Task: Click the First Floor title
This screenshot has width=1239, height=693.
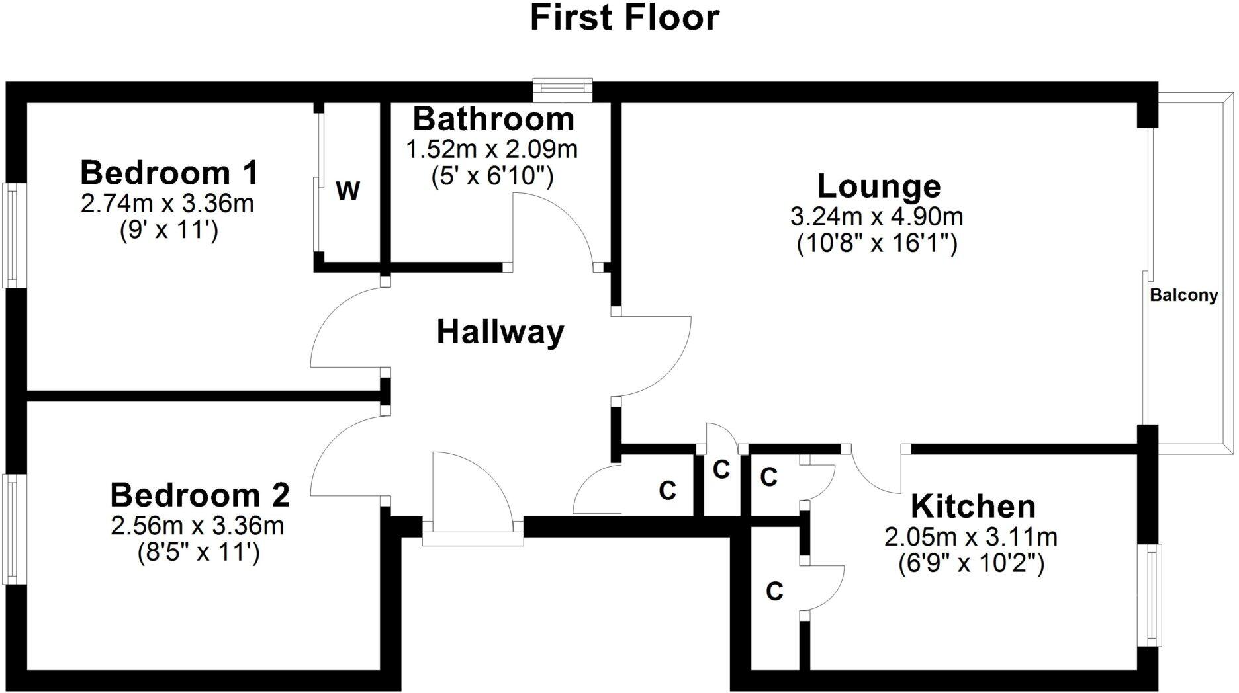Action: tap(624, 18)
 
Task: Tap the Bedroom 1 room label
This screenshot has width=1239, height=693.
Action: tap(169, 173)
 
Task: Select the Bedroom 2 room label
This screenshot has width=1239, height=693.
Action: tap(200, 495)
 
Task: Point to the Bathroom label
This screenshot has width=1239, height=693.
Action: tap(493, 120)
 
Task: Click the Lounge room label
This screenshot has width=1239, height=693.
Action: tap(879, 186)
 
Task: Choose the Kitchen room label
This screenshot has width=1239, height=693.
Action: tap(973, 507)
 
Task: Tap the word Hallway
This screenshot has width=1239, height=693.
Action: tap(500, 332)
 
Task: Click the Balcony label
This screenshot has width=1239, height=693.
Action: tap(1184, 296)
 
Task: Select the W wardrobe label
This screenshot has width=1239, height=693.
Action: tap(348, 192)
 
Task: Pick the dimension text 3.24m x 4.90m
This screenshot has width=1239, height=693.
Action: tap(876, 216)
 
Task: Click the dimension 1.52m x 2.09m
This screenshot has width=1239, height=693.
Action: tap(492, 149)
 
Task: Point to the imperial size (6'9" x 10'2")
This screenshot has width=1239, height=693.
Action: tap(971, 564)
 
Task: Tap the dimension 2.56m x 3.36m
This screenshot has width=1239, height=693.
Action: tap(197, 526)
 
